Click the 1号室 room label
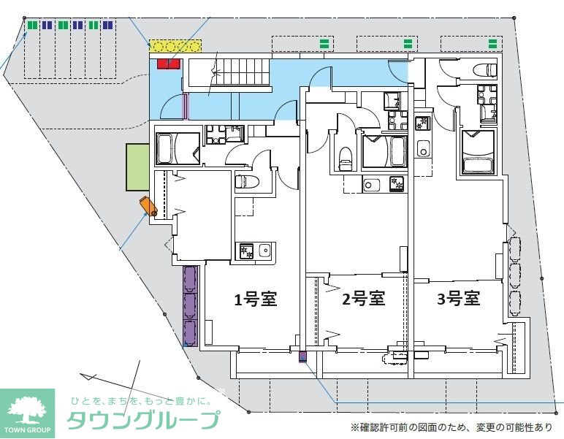point(255,299)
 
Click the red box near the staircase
point(168,64)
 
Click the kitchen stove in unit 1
point(245,251)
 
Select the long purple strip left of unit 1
point(190,305)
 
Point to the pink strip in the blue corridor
point(186,107)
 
